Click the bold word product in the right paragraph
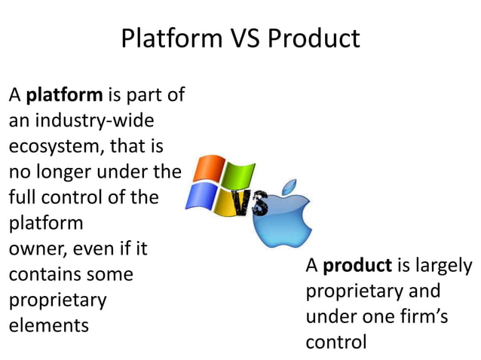tap(357, 266)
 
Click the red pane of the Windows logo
tap(208, 170)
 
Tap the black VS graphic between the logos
tap(249, 203)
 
